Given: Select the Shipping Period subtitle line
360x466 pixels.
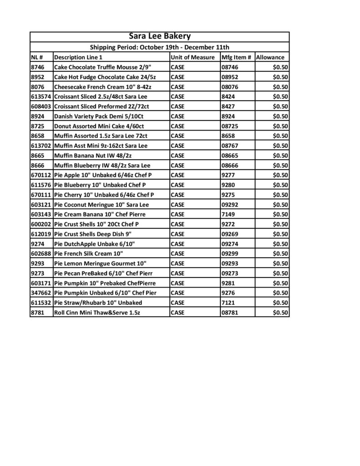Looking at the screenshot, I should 159,47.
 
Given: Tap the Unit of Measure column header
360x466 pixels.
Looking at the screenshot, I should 193,57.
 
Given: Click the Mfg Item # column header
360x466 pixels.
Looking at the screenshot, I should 236,57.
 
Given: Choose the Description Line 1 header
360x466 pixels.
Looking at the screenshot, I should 78,57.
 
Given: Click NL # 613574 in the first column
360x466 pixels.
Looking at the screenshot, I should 41,96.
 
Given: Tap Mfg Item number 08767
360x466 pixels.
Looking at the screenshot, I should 230,146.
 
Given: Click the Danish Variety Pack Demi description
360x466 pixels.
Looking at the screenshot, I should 102,116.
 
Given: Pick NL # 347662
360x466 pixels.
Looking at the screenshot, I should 41,293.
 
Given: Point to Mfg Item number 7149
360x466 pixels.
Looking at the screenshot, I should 228,214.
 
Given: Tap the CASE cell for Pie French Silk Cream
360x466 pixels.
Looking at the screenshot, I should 177,253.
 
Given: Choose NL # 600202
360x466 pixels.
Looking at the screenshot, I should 41,224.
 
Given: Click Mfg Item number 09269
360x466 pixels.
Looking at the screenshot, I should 230,234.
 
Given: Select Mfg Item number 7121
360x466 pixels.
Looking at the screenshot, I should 228,303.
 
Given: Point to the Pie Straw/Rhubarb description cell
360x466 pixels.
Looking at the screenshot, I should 98,303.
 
